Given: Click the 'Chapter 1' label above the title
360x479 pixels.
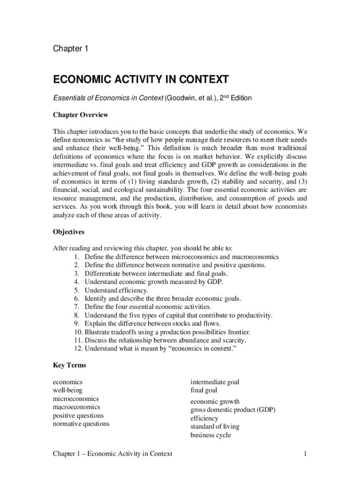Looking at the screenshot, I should pos(70,49).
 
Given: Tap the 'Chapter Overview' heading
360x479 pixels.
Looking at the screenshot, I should pos(80,115).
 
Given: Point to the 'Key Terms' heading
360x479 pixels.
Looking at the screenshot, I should pos(69,365).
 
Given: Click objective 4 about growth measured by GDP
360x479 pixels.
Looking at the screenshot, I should pos(153,282).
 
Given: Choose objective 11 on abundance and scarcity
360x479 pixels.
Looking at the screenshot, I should pos(168,341).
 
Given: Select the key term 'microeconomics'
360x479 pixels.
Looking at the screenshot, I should pos(76,399).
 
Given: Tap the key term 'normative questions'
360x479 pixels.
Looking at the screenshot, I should pos(81,424).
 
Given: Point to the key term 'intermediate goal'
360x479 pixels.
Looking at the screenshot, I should pos(215,382).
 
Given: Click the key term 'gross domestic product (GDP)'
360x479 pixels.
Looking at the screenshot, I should pos(233,410).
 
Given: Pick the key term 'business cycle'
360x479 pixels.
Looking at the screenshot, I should pos(210,435).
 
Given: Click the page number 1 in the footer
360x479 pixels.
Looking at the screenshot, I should pos(305,454).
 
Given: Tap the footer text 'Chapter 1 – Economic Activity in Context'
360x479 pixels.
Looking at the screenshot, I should pos(112,454).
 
